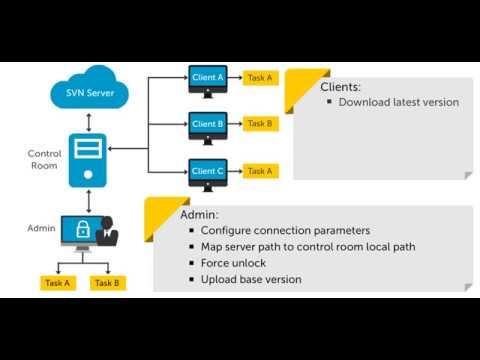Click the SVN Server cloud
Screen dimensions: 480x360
click(x=89, y=87)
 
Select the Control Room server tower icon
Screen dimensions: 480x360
click(x=88, y=160)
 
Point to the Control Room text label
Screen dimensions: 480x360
click(x=44, y=159)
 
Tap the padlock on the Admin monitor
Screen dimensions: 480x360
click(x=83, y=229)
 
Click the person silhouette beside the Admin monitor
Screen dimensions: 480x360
click(x=107, y=231)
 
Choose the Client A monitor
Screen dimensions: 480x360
click(x=208, y=81)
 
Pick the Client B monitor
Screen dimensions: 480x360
click(x=208, y=128)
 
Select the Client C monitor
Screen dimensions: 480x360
click(x=208, y=175)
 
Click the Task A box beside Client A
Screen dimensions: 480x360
click(x=260, y=78)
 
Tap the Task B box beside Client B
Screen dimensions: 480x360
click(x=260, y=124)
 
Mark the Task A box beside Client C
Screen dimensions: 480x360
click(x=260, y=171)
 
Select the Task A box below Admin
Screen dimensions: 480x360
click(x=58, y=283)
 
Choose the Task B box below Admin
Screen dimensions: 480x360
click(x=108, y=283)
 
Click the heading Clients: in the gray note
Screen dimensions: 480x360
click(x=340, y=87)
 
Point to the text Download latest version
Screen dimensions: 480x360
click(x=399, y=102)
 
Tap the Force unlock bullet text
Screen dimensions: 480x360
click(x=233, y=263)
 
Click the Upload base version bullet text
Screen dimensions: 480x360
click(x=251, y=279)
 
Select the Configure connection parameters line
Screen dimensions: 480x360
click(x=285, y=230)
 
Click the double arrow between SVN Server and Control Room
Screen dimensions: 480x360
click(x=89, y=122)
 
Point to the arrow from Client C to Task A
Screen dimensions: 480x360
click(x=235, y=171)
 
